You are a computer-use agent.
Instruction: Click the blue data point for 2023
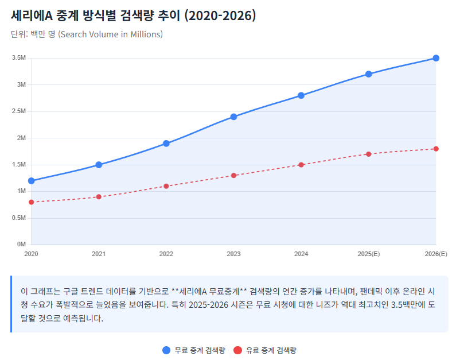(x=233, y=117)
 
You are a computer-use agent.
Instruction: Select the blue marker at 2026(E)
(x=436, y=58)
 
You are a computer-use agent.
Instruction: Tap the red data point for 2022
(x=166, y=186)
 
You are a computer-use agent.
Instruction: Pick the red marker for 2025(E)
(x=368, y=154)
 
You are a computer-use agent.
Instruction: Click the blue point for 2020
(x=31, y=181)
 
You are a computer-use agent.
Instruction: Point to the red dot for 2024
(x=301, y=165)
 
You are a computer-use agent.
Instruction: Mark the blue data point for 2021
(x=99, y=165)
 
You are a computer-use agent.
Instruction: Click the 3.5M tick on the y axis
(x=19, y=58)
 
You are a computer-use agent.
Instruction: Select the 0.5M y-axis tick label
(x=19, y=218)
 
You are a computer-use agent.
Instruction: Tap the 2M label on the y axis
(x=21, y=138)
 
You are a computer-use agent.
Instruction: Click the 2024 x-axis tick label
(x=301, y=254)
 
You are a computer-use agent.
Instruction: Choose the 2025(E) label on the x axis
(x=368, y=254)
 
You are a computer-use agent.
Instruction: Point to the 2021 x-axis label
(x=99, y=254)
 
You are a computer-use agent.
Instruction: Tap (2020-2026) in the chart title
(x=220, y=16)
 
